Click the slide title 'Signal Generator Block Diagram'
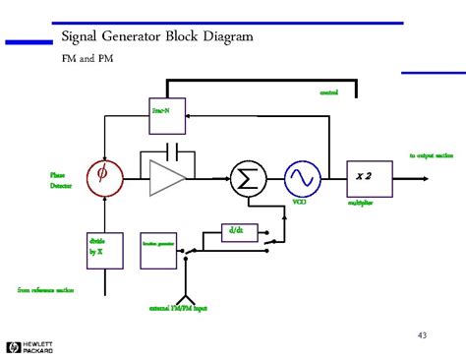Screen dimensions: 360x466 click(157, 36)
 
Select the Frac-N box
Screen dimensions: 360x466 click(160, 110)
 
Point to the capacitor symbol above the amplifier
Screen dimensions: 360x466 click(173, 152)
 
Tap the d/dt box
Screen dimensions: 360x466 click(236, 232)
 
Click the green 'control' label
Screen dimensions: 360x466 click(328, 92)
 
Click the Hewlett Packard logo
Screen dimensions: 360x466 click(29, 346)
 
